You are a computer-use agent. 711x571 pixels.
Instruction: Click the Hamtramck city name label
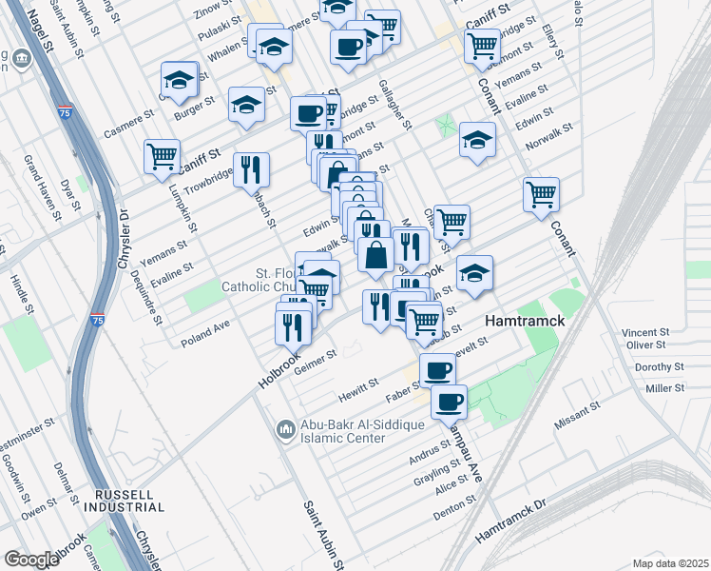point(525,322)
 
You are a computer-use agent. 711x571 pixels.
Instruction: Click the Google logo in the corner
point(30,560)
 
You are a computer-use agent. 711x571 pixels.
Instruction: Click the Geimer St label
point(316,361)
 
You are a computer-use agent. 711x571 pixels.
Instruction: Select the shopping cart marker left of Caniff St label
point(162,155)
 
